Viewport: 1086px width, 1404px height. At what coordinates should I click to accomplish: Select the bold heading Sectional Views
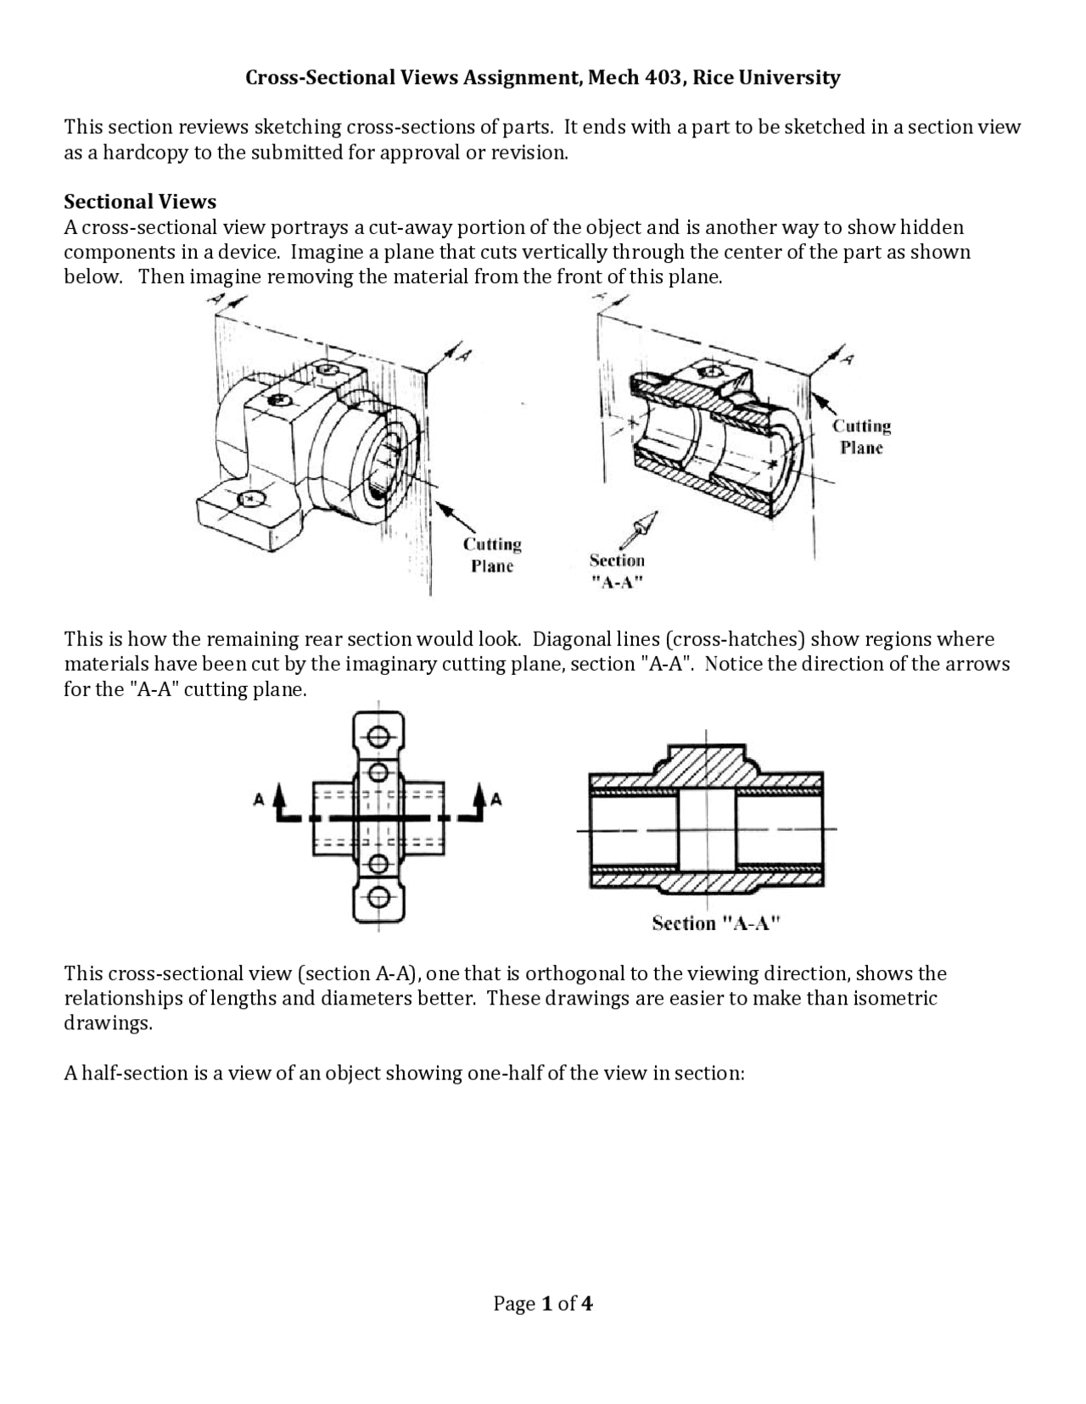(x=140, y=202)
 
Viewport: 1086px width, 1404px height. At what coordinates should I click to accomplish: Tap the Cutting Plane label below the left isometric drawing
(x=492, y=555)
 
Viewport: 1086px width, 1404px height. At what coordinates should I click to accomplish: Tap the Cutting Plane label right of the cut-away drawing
(x=861, y=437)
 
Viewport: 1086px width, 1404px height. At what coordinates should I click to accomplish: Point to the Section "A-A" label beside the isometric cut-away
(x=617, y=571)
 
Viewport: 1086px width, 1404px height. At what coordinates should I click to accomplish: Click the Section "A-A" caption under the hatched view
(x=715, y=923)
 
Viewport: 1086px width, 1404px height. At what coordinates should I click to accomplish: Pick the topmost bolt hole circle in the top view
(x=379, y=734)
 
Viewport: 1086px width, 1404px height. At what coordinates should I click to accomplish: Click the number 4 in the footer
(x=586, y=1303)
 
